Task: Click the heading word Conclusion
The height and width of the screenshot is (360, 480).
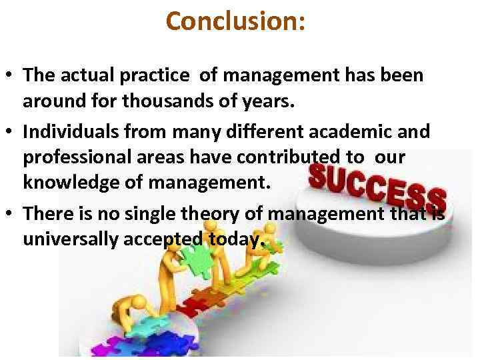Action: [235, 21]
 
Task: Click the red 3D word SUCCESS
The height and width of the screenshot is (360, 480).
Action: [377, 185]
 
